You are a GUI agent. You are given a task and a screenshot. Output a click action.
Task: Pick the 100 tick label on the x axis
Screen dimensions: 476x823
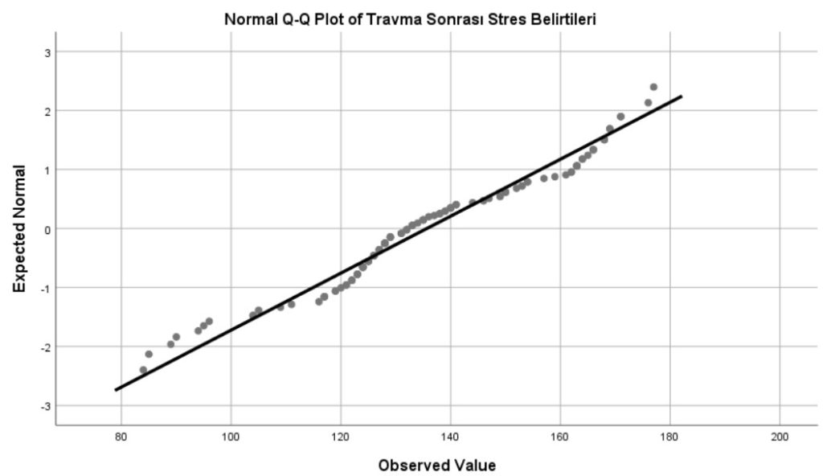[x=231, y=437]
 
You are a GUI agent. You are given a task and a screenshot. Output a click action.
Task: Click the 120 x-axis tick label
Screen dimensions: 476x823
[x=341, y=437]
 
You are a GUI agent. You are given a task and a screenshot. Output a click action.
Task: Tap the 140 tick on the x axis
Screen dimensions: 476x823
[x=451, y=437]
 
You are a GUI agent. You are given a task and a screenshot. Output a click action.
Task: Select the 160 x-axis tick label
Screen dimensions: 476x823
[x=560, y=437]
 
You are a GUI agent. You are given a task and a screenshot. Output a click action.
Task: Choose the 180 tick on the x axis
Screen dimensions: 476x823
[x=670, y=437]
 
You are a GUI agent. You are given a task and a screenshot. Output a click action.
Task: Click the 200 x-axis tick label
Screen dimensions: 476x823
[x=780, y=437]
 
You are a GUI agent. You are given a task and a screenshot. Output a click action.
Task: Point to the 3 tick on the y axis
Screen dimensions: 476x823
[x=46, y=52]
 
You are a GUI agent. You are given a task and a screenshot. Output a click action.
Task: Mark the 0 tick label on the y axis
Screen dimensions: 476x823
[x=46, y=229]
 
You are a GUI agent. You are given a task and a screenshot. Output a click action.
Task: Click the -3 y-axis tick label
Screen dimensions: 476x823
[x=44, y=406]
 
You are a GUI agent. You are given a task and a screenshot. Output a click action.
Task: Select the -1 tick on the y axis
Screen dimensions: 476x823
[x=44, y=288]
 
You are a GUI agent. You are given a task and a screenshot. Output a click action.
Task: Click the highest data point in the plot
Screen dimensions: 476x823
[x=653, y=87]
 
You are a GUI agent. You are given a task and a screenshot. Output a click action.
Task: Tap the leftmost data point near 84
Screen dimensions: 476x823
[x=143, y=370]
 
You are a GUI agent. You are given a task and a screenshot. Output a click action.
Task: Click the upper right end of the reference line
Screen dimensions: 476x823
[x=682, y=96]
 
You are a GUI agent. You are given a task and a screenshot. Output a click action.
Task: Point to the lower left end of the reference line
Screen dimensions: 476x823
[x=116, y=390]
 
